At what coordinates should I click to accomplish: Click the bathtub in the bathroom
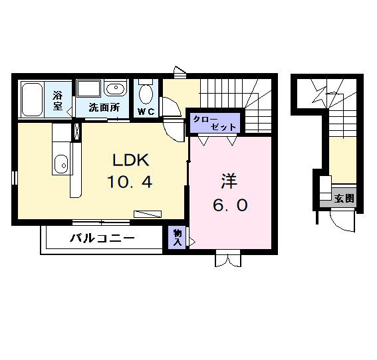[x=32, y=99]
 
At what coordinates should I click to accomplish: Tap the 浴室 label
[x=58, y=101]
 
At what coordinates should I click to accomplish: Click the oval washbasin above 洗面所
[x=116, y=89]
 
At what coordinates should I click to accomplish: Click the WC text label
[x=146, y=112]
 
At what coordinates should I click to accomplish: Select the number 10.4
[x=132, y=181]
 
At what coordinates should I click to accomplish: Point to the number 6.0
[x=230, y=205]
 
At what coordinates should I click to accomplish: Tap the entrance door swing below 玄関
[x=343, y=220]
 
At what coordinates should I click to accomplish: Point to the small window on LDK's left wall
[x=14, y=177]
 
